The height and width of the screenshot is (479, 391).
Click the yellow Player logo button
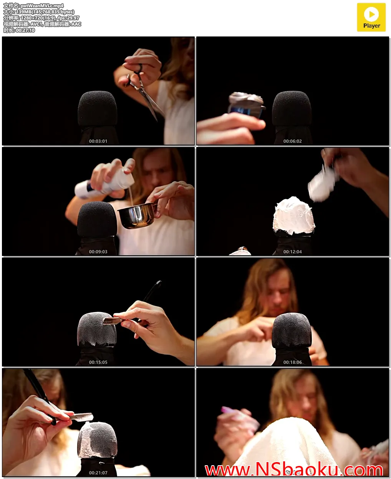[x=371, y=17]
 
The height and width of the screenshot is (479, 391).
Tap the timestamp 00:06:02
[x=292, y=141]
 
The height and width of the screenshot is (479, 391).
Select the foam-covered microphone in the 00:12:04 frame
[x=294, y=216]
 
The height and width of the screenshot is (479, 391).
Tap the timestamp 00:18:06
[x=292, y=362]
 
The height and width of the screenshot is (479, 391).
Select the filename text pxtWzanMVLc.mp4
[x=42, y=6]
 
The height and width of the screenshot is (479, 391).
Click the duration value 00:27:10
[x=25, y=30]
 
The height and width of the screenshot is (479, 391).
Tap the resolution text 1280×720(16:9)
[x=38, y=18]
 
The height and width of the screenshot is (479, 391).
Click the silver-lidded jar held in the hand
[x=246, y=105]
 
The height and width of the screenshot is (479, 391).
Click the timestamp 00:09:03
[x=98, y=252]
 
